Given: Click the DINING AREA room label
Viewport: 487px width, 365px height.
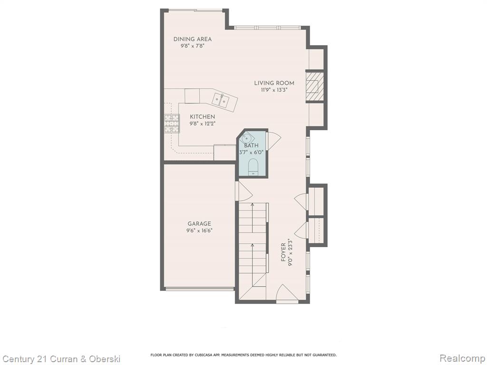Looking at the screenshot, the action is [x=193, y=39].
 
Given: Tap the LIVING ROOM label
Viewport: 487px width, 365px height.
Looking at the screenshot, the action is [x=274, y=83].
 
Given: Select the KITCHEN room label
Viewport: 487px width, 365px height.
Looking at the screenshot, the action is [x=203, y=117].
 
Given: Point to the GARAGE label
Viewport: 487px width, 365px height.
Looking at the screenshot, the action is [x=199, y=223].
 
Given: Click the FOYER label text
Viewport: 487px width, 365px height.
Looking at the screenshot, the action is [x=283, y=252].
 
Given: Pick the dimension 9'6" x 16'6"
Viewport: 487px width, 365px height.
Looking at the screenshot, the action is [x=199, y=231].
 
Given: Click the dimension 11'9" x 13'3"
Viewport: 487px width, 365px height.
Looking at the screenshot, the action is [x=274, y=90].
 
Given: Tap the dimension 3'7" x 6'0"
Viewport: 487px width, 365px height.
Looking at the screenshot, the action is [x=251, y=153].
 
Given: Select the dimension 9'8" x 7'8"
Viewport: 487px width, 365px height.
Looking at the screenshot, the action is [x=193, y=46].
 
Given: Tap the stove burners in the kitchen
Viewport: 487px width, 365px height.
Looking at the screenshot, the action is [x=172, y=124].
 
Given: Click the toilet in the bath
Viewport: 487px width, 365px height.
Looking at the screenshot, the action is [x=253, y=167].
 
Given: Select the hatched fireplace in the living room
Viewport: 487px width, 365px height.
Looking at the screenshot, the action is [x=315, y=86].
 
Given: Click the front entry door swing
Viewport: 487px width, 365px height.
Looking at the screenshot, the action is [x=287, y=292].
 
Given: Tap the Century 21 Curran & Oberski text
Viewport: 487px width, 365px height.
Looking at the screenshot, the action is [x=61, y=359].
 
